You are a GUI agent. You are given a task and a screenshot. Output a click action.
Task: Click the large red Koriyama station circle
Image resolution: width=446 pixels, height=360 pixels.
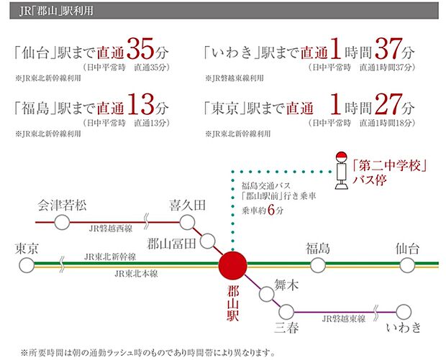click(x=232, y=264)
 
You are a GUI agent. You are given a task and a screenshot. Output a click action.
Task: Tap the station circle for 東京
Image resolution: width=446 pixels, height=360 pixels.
click(x=27, y=265)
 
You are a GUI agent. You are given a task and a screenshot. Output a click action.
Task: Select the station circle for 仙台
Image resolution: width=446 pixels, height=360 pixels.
click(x=407, y=265)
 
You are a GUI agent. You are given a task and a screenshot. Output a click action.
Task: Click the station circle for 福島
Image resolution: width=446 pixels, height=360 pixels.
click(x=317, y=265)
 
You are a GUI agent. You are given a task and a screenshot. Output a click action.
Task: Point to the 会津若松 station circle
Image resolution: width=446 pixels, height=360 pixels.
click(x=63, y=222)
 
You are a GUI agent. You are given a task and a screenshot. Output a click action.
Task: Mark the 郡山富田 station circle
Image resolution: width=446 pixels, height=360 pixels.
click(x=208, y=241)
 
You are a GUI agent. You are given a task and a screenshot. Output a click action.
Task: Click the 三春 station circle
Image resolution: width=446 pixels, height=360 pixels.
click(x=287, y=312)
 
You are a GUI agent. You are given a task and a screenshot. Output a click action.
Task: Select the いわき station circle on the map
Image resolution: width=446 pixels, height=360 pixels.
click(x=404, y=312)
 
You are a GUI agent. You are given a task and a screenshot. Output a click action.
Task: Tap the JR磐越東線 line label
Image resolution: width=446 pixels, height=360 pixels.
click(x=344, y=318)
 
